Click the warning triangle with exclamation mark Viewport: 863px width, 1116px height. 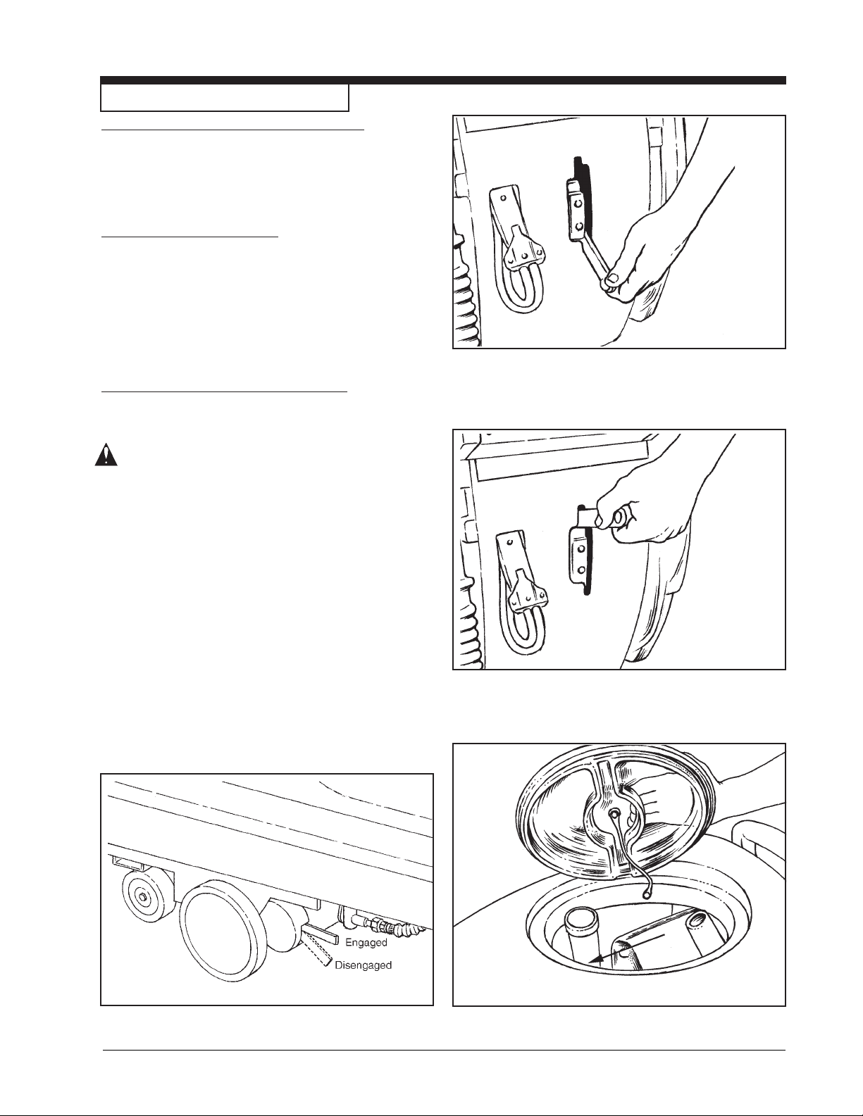[x=106, y=455]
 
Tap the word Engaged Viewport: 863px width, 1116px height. [x=366, y=942]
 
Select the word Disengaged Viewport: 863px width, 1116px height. [x=363, y=965]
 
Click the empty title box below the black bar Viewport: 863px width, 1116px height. [x=225, y=98]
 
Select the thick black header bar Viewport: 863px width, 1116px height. [x=443, y=80]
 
